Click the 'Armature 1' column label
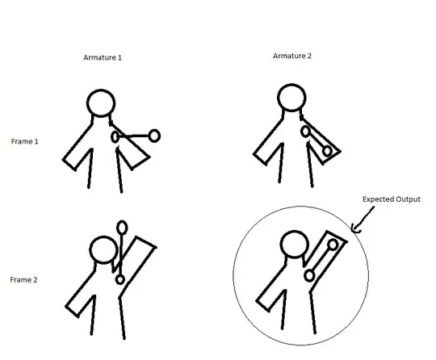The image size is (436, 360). click(103, 57)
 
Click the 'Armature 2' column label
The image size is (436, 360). click(292, 56)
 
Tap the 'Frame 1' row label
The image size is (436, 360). click(25, 141)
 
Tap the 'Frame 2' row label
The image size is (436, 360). click(23, 279)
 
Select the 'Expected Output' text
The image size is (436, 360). click(392, 199)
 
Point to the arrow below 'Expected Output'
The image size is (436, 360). click(363, 220)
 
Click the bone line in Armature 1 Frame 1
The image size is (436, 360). click(134, 136)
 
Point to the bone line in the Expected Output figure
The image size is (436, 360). click(321, 260)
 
